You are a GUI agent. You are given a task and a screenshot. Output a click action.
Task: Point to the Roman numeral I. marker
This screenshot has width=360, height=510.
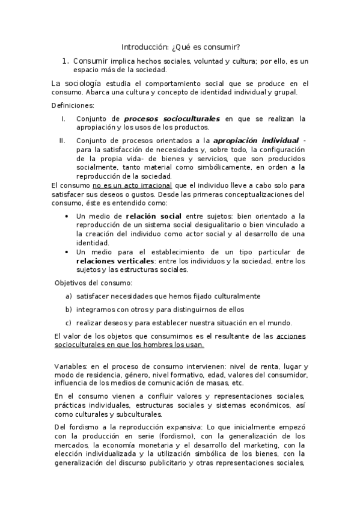point(64,118)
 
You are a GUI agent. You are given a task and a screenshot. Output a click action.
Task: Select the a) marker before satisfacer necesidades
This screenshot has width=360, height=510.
point(69,296)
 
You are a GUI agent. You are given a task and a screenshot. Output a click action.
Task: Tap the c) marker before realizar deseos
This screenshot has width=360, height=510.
point(69,322)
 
